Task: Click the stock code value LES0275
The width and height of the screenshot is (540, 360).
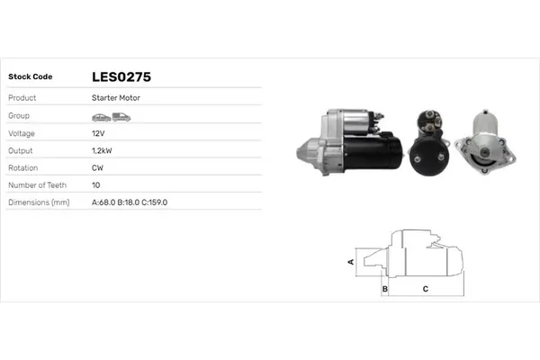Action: click(x=121, y=77)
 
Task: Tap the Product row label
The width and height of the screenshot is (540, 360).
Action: click(x=22, y=97)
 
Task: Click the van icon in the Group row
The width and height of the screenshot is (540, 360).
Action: click(x=121, y=116)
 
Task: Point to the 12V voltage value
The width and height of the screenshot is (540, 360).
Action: click(x=98, y=132)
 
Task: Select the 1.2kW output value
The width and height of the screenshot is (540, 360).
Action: click(x=102, y=150)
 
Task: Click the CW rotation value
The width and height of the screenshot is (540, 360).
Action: click(x=97, y=167)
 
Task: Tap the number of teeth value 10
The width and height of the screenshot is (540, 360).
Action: click(x=95, y=184)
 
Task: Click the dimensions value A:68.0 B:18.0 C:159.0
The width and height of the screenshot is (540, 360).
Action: click(x=130, y=202)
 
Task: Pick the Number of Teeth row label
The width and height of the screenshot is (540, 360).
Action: click(x=37, y=184)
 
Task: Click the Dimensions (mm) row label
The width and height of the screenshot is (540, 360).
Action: click(x=39, y=202)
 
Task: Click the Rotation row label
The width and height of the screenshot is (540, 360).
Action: click(x=22, y=167)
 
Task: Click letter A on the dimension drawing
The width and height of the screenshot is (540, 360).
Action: click(x=350, y=261)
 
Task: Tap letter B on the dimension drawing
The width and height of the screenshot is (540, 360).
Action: click(x=384, y=289)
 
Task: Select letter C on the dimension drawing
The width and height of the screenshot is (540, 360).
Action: click(x=425, y=289)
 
